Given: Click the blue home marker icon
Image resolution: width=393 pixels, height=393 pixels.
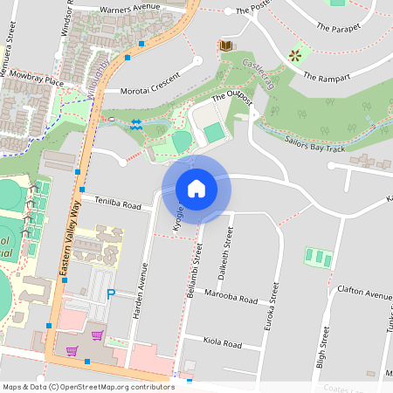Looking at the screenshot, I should tap(196, 189).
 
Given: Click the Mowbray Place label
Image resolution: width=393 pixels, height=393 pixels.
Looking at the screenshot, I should tap(31, 81).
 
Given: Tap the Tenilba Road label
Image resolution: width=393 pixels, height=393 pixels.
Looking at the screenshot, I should tap(118, 205).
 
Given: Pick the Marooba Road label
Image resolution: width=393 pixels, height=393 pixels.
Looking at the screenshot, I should tap(231, 298).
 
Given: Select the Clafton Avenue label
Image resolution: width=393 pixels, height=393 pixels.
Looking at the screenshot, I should tap(364, 295).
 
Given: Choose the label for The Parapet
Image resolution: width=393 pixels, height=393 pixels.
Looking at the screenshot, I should tap(336, 28).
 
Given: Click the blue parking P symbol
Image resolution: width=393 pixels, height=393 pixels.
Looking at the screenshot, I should tap(111, 294).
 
